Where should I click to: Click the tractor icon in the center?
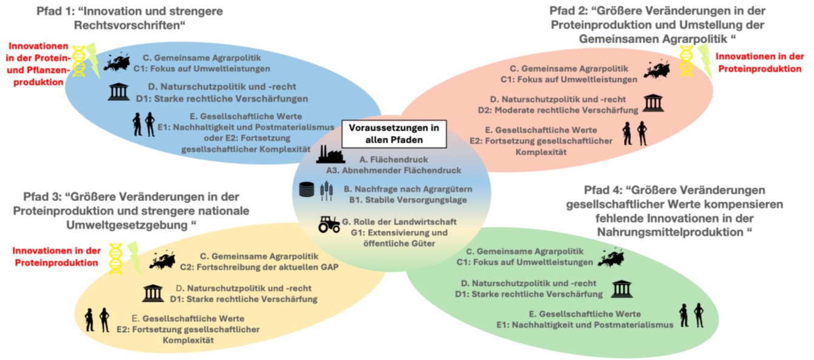[x=330, y=224]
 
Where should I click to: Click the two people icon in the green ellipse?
[x=691, y=315]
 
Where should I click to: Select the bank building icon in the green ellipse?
[x=622, y=289]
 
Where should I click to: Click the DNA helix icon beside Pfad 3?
[x=116, y=257]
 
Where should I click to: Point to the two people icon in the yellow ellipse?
[x=97, y=319]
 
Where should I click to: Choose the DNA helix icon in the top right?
[x=687, y=61]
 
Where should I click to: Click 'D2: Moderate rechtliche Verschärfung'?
[x=564, y=110]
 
